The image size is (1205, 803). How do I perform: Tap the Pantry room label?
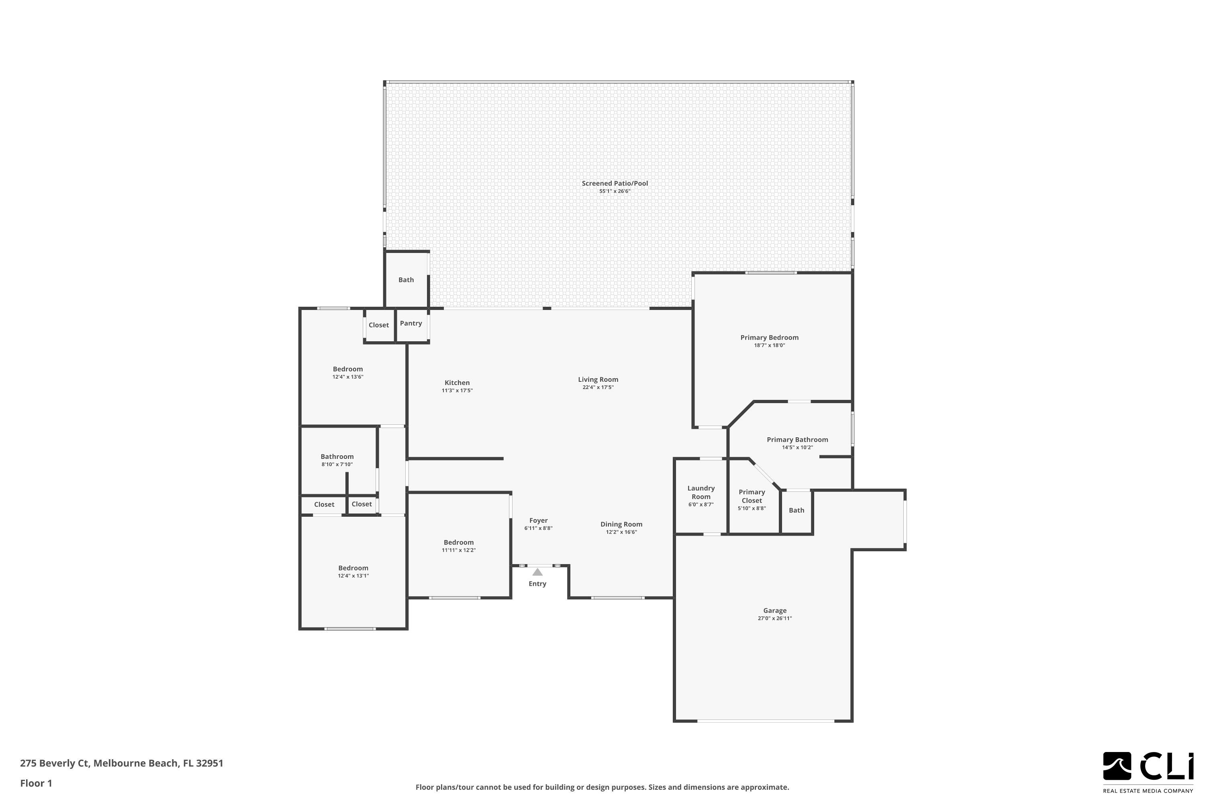tap(411, 323)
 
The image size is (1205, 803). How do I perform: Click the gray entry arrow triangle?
tap(537, 572)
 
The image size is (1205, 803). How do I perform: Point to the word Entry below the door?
tap(537, 584)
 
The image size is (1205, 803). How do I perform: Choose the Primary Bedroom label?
tap(769, 338)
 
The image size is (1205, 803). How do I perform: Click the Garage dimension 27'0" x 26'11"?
tap(775, 619)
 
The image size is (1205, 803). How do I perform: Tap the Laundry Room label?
tap(701, 492)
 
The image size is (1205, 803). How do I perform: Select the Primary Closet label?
tap(752, 496)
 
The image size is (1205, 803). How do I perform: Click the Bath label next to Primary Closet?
tap(796, 510)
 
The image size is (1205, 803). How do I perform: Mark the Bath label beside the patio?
tap(406, 279)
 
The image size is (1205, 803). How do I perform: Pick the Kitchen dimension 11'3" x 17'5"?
tap(457, 391)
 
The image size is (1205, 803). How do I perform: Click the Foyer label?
tap(539, 520)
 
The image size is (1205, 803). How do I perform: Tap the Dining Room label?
tap(621, 524)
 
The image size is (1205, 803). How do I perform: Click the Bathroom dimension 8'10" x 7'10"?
tap(337, 465)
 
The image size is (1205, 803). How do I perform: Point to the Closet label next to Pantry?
tap(379, 325)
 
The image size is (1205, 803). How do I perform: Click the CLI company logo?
tap(1148, 768)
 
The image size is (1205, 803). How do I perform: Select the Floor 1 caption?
tap(36, 783)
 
